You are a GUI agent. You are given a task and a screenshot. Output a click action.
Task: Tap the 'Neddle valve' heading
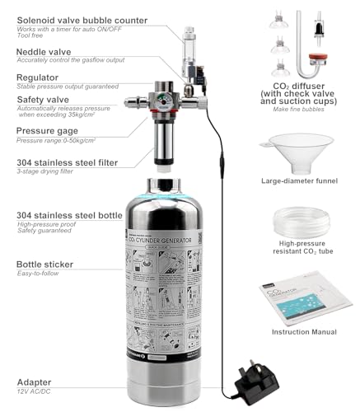(x=43, y=52)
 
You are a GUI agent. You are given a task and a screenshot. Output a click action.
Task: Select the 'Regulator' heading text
(x=37, y=77)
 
